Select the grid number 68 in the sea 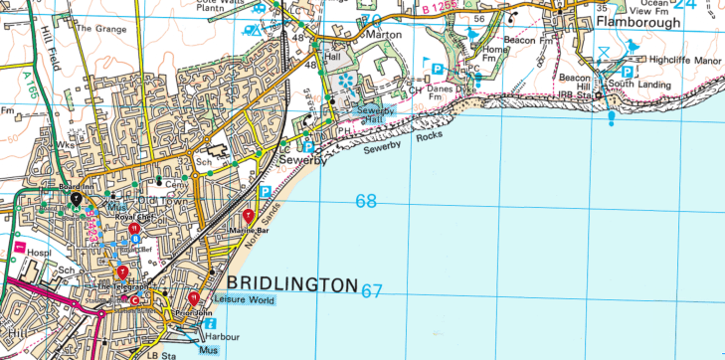[366, 202]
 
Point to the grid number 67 [372, 291]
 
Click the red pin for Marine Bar [249, 216]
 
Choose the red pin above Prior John [193, 296]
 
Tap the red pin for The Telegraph [122, 271]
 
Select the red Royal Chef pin [133, 230]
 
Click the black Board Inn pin [75, 199]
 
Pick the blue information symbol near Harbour [210, 323]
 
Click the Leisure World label [244, 300]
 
